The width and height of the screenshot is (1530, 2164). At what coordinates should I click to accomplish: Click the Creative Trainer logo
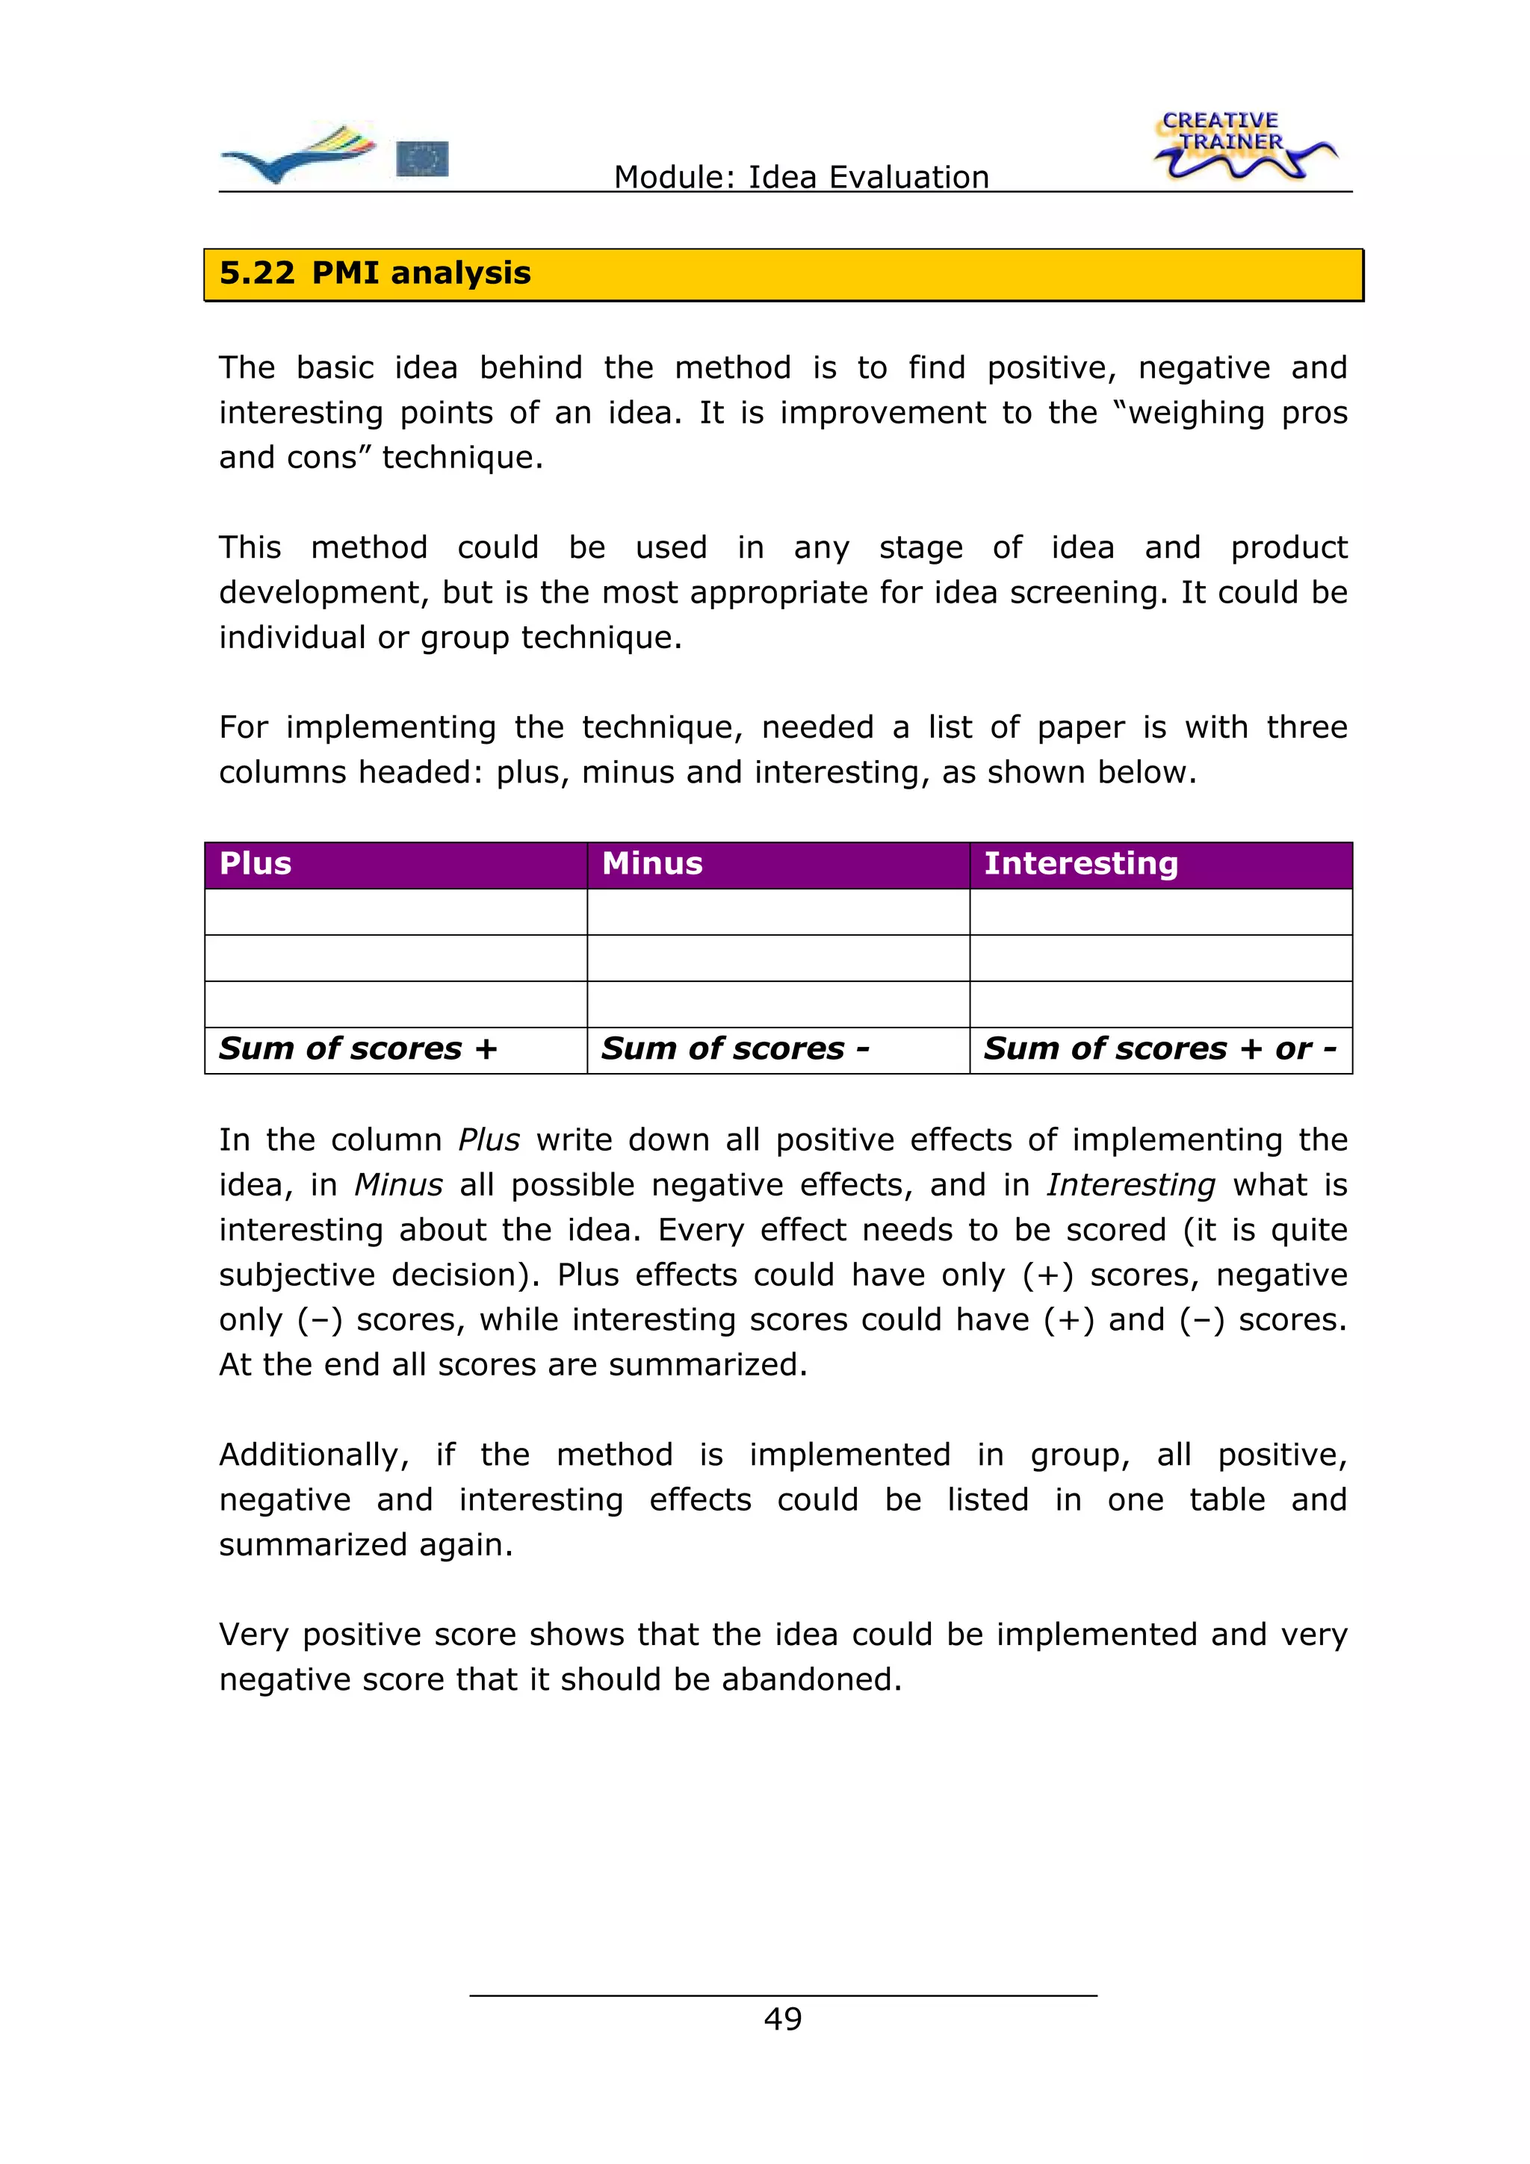(1245, 146)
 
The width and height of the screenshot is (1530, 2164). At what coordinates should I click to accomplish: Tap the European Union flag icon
(421, 159)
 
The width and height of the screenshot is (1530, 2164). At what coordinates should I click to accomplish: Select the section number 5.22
(256, 273)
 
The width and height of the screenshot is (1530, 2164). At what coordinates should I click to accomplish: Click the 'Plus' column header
(255, 863)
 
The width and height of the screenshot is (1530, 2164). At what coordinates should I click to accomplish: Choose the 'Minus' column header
(652, 863)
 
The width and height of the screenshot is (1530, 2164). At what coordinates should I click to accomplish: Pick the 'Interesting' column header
(1080, 863)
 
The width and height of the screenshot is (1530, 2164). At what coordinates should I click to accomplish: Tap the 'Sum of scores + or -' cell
(1159, 1049)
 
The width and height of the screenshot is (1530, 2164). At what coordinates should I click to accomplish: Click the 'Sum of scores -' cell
(735, 1049)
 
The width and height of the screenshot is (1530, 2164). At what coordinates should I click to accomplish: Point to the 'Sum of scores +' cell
(359, 1049)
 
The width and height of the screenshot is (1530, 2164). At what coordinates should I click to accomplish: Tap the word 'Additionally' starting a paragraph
(313, 1455)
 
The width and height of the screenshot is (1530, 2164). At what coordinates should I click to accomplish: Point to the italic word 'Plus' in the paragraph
(489, 1139)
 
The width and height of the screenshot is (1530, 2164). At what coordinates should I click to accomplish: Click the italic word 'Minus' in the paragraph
(398, 1185)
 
